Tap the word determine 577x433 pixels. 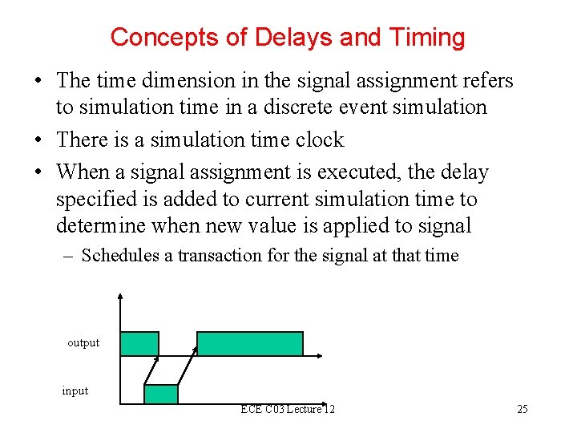point(102,226)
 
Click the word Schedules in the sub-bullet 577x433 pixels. point(120,256)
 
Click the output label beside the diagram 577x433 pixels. point(83,343)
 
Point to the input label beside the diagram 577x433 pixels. point(75,391)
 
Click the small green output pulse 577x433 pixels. point(139,344)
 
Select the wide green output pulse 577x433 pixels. point(250,344)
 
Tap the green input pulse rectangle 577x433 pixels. point(160,394)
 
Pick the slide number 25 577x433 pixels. point(523,410)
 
